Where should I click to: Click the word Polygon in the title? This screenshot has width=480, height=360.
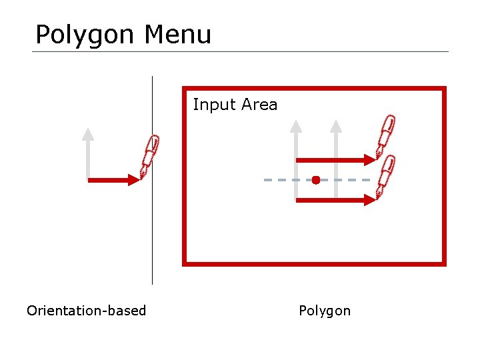(84, 35)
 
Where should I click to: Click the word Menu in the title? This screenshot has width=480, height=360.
(177, 34)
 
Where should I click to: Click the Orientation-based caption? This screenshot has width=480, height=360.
(86, 311)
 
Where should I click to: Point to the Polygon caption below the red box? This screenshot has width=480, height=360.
(325, 311)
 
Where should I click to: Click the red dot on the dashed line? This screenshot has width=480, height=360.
(316, 180)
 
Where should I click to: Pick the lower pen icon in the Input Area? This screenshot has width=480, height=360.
(385, 175)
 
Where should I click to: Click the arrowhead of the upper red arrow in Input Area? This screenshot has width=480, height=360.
(371, 160)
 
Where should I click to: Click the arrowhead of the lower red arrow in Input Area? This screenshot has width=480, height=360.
(371, 199)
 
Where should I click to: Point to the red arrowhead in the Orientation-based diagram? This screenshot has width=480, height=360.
(131, 180)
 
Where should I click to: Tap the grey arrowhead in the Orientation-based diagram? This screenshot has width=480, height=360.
(87, 133)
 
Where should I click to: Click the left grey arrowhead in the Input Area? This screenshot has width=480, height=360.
(296, 125)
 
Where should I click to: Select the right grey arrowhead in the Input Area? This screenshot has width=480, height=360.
(336, 125)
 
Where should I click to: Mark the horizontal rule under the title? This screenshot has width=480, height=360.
(240, 51)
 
